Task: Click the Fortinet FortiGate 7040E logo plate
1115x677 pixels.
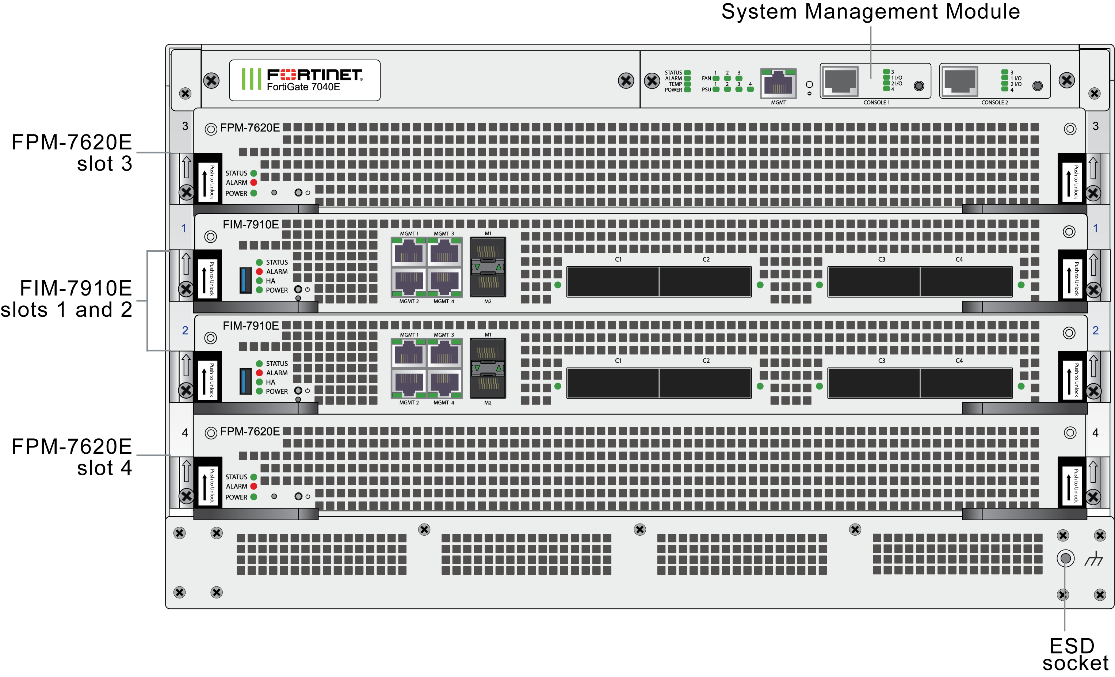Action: click(x=304, y=80)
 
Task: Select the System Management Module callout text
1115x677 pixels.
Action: click(x=870, y=11)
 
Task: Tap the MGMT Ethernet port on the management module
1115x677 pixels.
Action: click(x=778, y=84)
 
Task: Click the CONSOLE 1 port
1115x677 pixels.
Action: click(x=840, y=81)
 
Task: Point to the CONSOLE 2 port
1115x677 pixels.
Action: click(x=959, y=81)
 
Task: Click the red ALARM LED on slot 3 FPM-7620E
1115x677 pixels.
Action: click(x=254, y=182)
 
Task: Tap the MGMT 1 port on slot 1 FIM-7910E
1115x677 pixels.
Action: click(x=408, y=252)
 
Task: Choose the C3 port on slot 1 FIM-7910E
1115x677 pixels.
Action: click(x=873, y=281)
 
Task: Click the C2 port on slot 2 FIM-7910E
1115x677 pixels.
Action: click(x=704, y=383)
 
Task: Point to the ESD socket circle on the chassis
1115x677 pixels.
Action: click(x=1065, y=558)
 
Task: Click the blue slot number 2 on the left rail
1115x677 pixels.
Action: click(x=185, y=330)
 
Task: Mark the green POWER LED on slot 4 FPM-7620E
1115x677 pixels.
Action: click(x=254, y=497)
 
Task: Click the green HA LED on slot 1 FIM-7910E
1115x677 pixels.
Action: click(x=259, y=281)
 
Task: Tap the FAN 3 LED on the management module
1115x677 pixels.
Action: click(x=739, y=78)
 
